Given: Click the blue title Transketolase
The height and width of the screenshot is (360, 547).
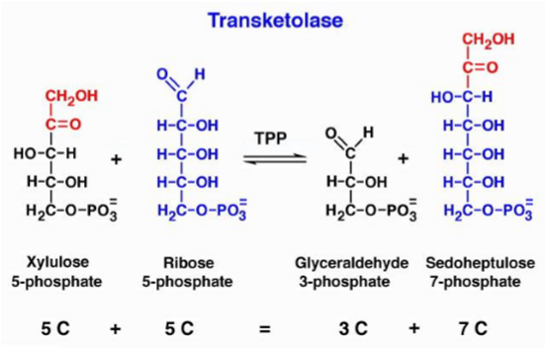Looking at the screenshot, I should pos(272,19).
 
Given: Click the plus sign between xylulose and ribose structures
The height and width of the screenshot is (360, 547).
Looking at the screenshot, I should pos(118,158).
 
